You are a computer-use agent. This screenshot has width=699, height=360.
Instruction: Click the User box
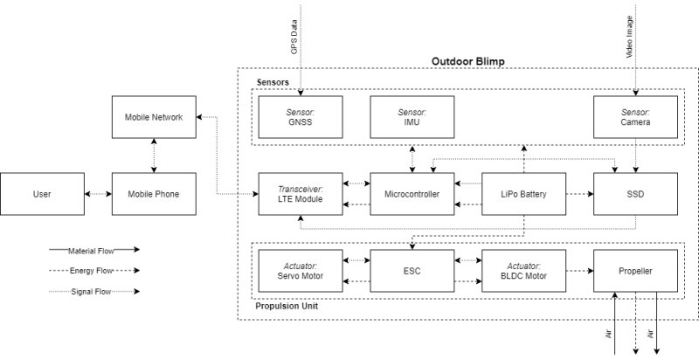[40, 194]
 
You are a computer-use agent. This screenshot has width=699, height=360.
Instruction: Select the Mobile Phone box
[154, 194]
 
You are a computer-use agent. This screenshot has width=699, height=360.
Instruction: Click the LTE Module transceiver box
[300, 194]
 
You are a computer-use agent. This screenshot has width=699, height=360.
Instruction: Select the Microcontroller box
[412, 194]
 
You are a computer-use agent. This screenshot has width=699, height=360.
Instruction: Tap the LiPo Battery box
[523, 194]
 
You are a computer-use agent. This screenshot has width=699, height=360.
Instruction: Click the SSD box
[635, 194]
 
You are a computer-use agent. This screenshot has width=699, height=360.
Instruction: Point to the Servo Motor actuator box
[300, 271]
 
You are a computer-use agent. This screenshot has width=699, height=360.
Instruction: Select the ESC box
[412, 271]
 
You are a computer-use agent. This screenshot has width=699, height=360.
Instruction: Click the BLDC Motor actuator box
[523, 271]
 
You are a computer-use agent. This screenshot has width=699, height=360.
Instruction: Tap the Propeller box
[635, 271]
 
